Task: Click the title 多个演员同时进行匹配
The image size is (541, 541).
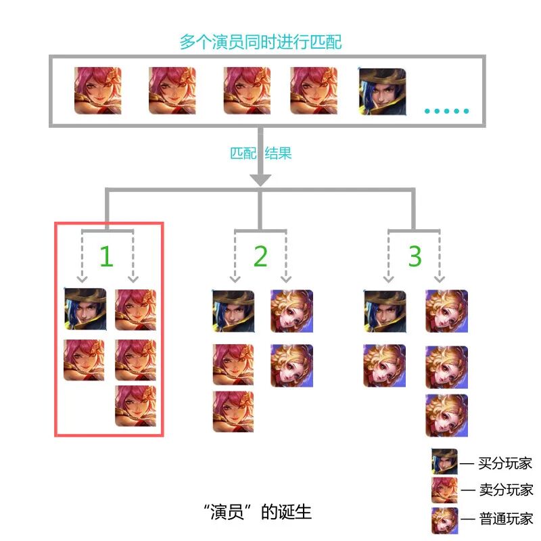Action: point(260,42)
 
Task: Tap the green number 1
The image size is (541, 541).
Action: point(107,256)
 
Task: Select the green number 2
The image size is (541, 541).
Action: point(260,256)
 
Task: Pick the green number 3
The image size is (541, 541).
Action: point(415,256)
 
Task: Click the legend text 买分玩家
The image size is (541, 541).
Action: point(505,463)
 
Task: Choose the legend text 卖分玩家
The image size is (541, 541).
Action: point(506,490)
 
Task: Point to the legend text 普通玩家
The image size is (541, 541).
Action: point(506,519)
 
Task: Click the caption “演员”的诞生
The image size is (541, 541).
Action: point(258,512)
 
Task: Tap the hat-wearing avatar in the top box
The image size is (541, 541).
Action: point(383,92)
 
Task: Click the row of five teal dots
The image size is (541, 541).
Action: point(447,111)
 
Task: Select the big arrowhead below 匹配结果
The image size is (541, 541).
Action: point(260,180)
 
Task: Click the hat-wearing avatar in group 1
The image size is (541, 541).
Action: point(85,309)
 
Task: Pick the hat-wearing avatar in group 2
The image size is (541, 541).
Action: point(233,311)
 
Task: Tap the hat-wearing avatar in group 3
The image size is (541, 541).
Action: point(385,311)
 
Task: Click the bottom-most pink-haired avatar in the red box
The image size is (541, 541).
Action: point(136,406)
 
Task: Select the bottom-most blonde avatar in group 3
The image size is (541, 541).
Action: point(447,415)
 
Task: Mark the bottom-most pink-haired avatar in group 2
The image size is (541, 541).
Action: point(233,412)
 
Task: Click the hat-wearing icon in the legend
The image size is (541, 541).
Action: point(445,461)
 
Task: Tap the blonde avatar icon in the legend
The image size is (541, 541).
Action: point(445,520)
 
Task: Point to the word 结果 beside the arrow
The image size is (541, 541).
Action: point(278,154)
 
